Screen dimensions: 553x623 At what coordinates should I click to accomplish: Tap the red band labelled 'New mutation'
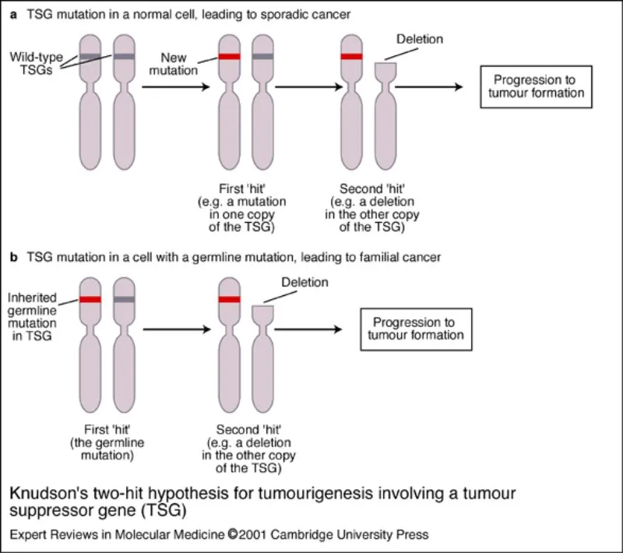[229, 57]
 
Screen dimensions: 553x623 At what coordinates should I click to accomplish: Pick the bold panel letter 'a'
[13, 14]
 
